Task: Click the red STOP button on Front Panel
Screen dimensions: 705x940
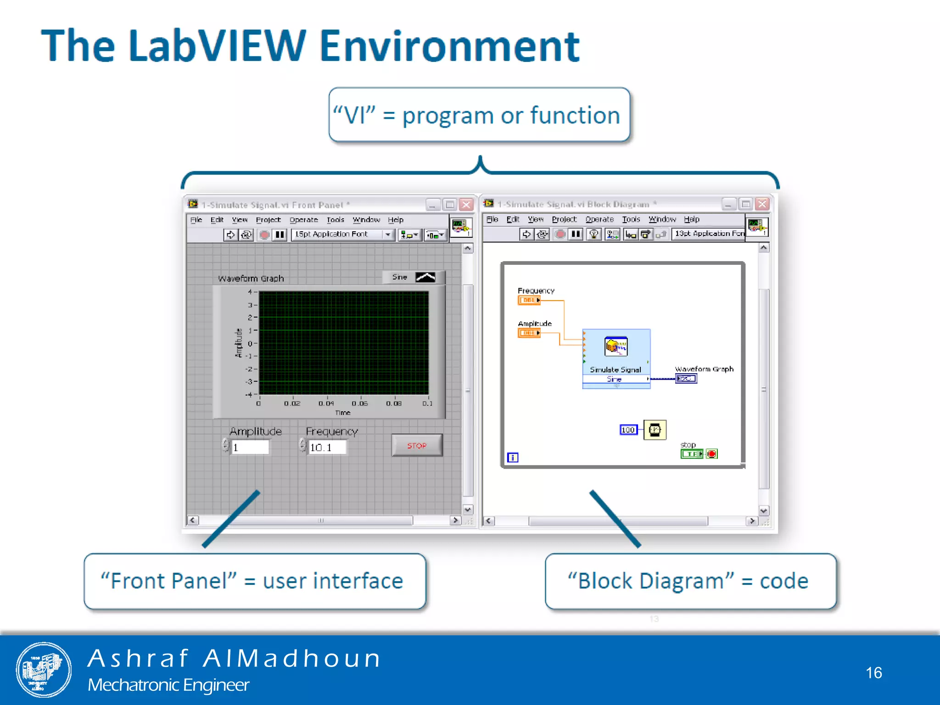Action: click(x=417, y=445)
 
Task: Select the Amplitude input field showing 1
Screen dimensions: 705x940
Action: click(x=250, y=447)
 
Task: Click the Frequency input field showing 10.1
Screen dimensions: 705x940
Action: click(x=327, y=447)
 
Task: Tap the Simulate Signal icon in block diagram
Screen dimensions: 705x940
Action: click(x=616, y=347)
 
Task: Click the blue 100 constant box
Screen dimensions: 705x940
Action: click(x=628, y=430)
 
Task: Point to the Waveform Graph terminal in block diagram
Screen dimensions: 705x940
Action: click(x=686, y=379)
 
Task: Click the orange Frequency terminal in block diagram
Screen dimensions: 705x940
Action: click(x=529, y=300)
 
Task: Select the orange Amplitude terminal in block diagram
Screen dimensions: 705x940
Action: click(x=529, y=333)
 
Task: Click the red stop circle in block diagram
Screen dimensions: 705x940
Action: click(x=711, y=454)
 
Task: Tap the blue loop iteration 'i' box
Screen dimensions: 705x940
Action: click(x=513, y=458)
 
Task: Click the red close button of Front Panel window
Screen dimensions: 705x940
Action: click(x=466, y=205)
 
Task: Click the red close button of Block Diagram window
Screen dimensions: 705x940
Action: click(x=762, y=204)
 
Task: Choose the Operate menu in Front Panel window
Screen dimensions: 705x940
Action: click(x=303, y=220)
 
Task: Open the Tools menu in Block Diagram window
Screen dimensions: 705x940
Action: click(x=631, y=219)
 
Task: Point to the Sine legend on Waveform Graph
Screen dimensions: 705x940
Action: click(x=413, y=277)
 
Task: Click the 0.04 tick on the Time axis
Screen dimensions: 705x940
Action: click(x=326, y=403)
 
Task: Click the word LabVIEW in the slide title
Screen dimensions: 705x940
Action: click(x=217, y=46)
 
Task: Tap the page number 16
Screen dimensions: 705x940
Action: click(x=873, y=672)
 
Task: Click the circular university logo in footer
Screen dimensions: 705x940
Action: click(x=44, y=670)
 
